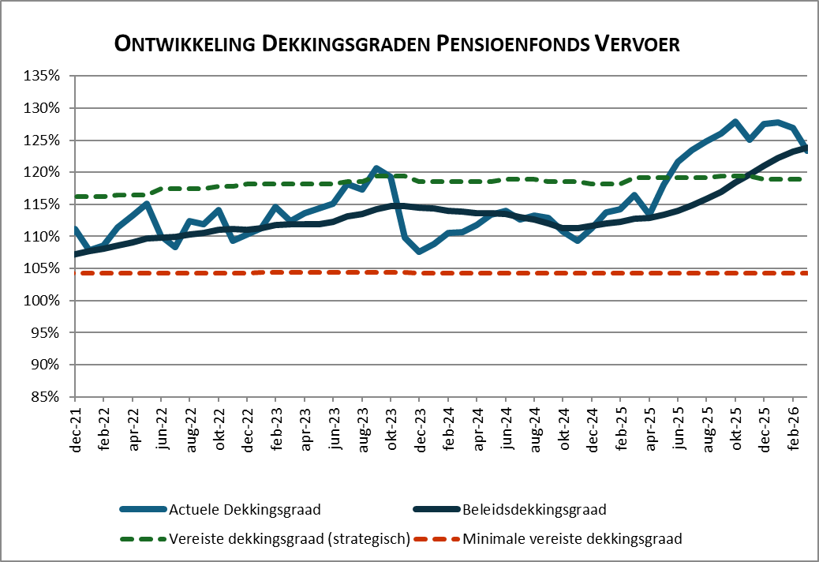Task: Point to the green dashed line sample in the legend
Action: pos(143,539)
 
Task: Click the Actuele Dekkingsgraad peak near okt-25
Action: pos(735,122)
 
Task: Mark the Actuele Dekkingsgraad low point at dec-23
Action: pos(420,251)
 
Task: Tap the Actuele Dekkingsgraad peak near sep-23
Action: pos(376,168)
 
